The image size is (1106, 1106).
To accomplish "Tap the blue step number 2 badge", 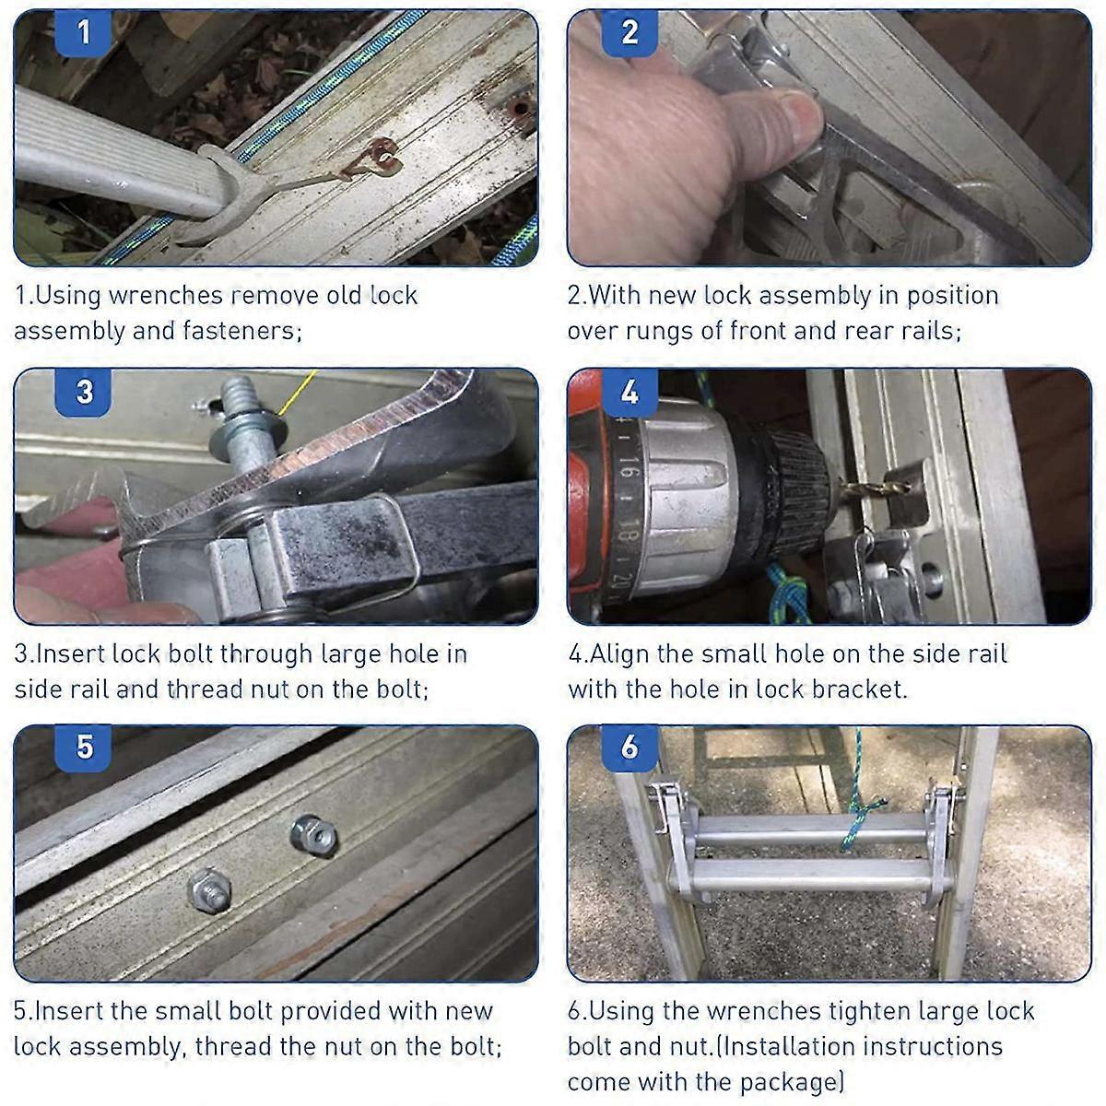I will [x=629, y=34].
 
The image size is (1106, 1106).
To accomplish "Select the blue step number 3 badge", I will [x=85, y=392].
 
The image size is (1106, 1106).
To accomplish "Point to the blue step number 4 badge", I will [x=629, y=392].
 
